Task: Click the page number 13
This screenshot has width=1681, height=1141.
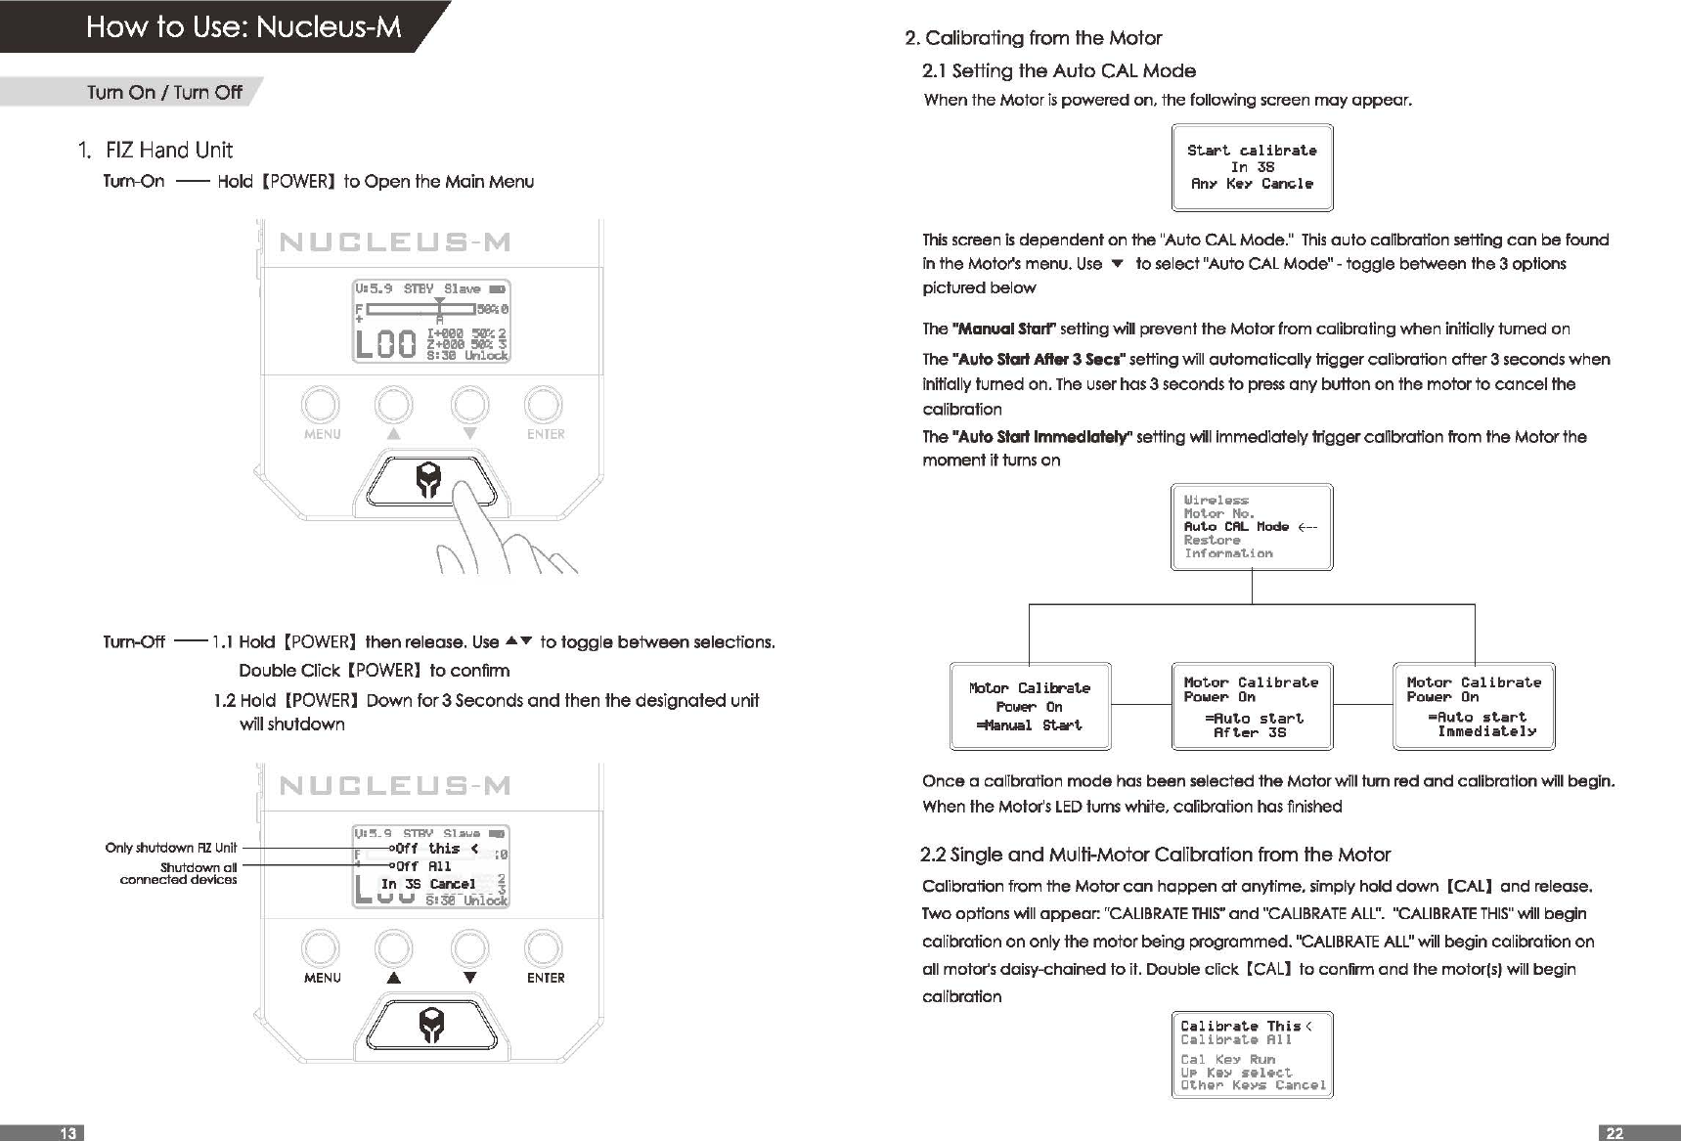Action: pos(67,1132)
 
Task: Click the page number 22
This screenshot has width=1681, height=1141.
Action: pos(1615,1132)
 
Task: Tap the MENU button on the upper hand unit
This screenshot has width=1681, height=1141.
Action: pos(321,405)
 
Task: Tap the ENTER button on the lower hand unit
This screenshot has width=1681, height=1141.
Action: pos(544,948)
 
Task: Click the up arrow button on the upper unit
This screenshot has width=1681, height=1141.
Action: pos(393,405)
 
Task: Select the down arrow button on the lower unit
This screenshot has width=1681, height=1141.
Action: pos(469,948)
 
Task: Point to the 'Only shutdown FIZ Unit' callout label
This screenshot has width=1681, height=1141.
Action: pos(170,848)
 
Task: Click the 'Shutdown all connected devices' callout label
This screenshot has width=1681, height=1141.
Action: pos(179,873)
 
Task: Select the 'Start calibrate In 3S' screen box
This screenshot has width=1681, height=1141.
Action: pos(1252,167)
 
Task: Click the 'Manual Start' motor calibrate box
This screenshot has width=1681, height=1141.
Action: pos(1030,706)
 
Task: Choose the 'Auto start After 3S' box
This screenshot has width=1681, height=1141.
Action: pos(1252,706)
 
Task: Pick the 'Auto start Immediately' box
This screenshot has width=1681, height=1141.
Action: pos(1474,706)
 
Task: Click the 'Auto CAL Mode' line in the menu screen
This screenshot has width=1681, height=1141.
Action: pos(1237,527)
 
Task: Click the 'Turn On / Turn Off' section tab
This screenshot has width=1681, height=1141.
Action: pos(164,92)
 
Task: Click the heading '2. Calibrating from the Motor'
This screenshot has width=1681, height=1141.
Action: pos(1034,38)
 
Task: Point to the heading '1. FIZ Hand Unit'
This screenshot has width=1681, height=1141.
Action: pos(155,150)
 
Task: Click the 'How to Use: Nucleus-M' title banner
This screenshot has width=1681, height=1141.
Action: pos(243,26)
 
